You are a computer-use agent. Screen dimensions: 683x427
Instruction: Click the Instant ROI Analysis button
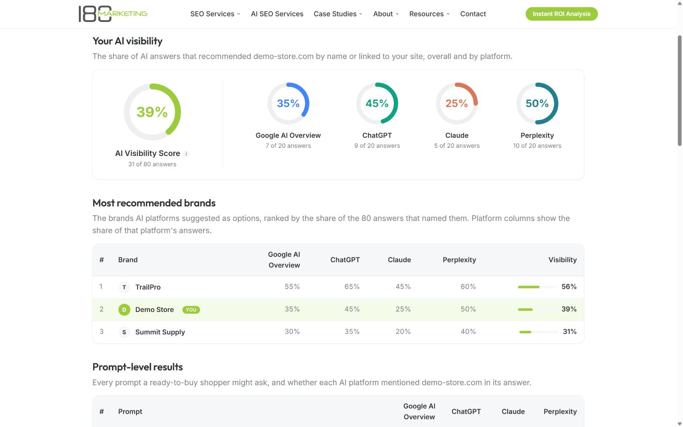pos(561,14)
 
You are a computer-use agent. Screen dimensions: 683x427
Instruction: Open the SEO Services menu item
pos(215,14)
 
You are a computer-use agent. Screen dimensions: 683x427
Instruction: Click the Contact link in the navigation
pos(473,14)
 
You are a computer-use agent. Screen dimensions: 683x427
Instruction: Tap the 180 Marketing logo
pos(113,14)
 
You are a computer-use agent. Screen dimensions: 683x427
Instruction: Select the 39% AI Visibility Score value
pos(152,112)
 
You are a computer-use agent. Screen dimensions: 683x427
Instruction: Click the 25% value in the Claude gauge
pos(456,103)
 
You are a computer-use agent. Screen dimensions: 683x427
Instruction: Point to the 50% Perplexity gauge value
pos(537,103)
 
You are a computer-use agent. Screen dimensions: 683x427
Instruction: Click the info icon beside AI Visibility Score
pos(186,154)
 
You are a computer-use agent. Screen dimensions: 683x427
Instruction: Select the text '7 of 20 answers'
pos(288,146)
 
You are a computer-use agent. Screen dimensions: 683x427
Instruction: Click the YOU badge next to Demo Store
pos(191,310)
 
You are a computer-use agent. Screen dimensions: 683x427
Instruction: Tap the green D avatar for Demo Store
pos(124,310)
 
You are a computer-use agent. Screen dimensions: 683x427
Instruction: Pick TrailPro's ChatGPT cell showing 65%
pos(352,287)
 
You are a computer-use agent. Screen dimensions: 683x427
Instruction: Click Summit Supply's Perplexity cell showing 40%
pos(468,332)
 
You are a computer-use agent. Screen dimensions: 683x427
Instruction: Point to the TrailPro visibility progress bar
pos(536,287)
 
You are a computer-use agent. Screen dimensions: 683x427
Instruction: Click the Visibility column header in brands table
pos(562,260)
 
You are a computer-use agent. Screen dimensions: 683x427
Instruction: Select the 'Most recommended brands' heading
pos(154,203)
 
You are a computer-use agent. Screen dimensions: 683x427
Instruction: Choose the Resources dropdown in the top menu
pos(429,14)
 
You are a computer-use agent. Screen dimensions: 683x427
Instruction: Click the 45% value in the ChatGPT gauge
pos(377,103)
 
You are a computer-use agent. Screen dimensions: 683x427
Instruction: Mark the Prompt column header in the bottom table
pos(130,411)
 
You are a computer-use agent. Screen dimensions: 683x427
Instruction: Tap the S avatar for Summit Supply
pos(124,332)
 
